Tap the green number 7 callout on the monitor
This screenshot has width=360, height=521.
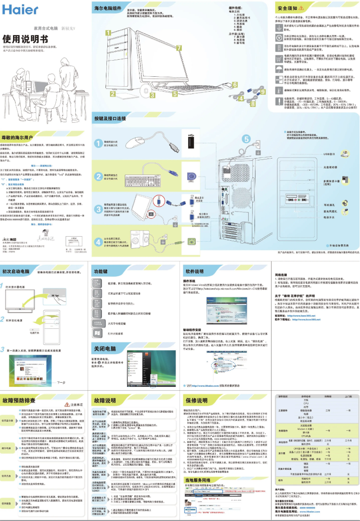(179, 47)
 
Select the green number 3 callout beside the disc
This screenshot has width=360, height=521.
(152, 95)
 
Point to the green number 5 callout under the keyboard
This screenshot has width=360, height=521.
(175, 94)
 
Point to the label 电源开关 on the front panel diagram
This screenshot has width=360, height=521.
(330, 216)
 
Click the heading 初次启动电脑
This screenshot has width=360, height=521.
(17, 271)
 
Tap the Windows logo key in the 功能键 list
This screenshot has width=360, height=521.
(97, 333)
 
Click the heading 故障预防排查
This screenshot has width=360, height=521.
(19, 400)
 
